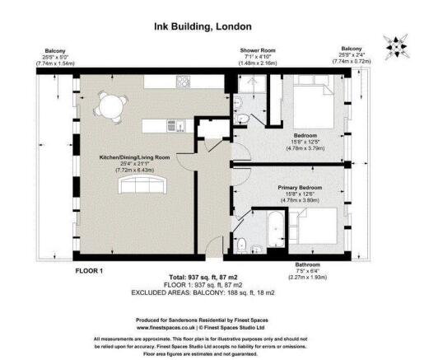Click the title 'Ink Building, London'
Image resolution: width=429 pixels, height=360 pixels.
[214, 26]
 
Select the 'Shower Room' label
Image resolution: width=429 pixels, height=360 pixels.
[255, 50]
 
